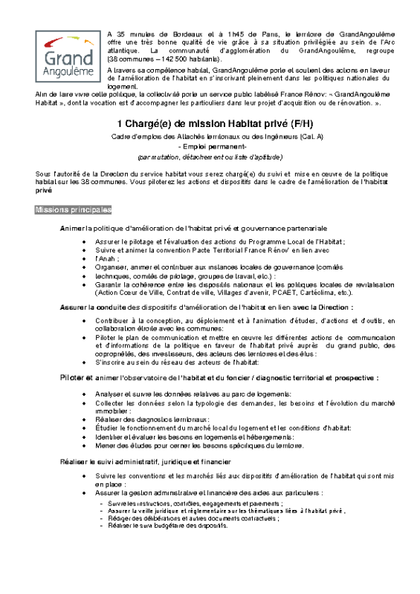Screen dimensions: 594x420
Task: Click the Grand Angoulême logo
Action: (x=65, y=56)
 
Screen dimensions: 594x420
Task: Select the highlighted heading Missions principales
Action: (x=73, y=210)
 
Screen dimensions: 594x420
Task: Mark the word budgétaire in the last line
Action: (x=161, y=525)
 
